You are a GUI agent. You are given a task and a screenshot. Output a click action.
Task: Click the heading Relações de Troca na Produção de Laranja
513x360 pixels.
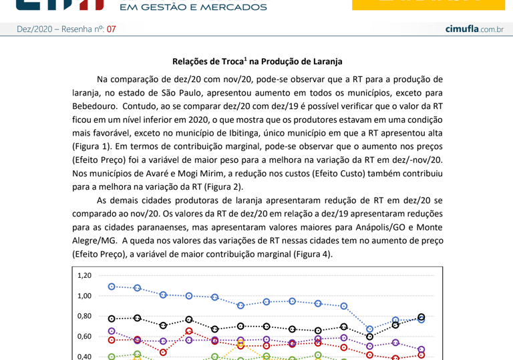[x=257, y=61]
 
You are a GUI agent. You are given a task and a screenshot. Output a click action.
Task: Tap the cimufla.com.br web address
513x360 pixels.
[x=474, y=29]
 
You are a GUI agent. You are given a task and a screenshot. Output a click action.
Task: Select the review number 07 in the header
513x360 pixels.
[x=111, y=29]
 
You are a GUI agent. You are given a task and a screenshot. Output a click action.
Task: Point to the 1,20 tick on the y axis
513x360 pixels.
[x=84, y=275]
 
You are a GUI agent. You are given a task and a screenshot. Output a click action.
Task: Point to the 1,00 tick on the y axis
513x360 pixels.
[x=84, y=296]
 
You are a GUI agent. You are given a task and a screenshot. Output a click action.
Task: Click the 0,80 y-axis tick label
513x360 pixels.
[x=84, y=316]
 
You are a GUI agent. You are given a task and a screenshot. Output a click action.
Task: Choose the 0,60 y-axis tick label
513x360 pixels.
[x=84, y=337]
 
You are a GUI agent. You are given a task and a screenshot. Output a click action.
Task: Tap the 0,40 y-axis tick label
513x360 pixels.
[x=84, y=357]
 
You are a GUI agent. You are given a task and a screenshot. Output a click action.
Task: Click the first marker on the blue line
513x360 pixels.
[x=112, y=287]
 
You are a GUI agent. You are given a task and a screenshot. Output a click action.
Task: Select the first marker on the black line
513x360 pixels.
[x=112, y=319]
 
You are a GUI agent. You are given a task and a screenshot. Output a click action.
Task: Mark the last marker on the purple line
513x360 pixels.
[x=421, y=349]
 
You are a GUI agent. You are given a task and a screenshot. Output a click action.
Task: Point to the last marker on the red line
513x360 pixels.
[x=421, y=355]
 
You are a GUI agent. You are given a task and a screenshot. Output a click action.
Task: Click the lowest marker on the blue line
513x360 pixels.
[x=369, y=329]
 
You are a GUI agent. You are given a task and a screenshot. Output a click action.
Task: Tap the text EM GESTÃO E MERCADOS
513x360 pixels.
[x=192, y=7]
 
